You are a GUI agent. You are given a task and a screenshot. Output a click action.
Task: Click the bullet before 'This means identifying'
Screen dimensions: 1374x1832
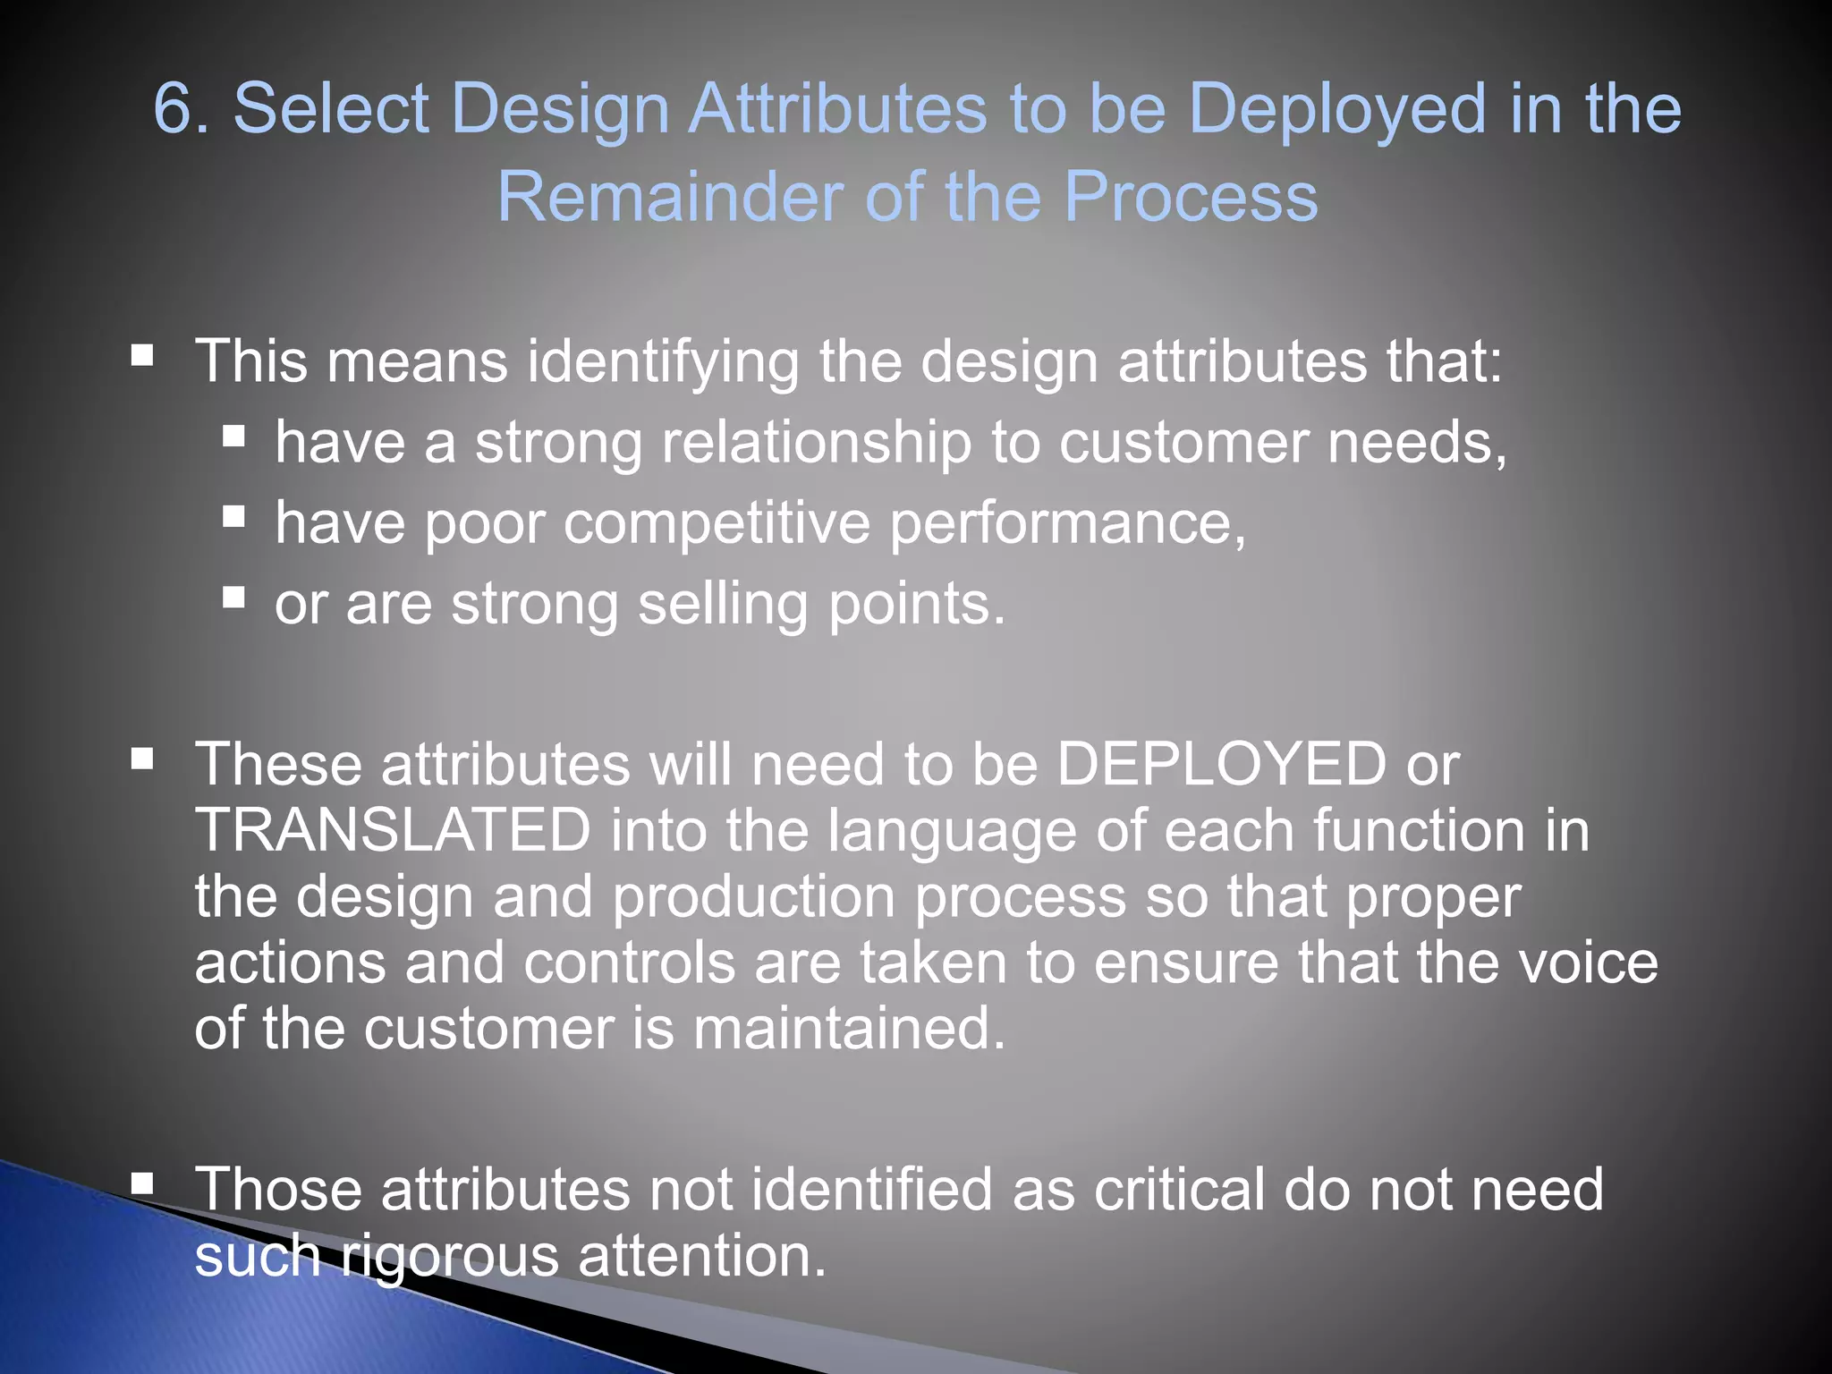point(142,357)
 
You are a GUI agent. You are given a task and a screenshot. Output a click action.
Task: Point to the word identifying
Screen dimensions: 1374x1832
point(663,362)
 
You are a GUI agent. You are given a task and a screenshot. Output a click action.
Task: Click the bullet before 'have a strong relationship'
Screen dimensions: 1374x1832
point(234,437)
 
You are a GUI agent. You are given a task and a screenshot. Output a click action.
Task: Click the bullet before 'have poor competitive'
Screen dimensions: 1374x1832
point(234,516)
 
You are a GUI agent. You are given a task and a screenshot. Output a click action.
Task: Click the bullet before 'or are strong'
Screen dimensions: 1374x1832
point(234,597)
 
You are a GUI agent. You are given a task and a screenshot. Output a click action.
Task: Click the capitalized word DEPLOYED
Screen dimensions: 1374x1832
point(1221,765)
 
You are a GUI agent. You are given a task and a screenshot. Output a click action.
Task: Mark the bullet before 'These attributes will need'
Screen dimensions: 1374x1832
point(142,760)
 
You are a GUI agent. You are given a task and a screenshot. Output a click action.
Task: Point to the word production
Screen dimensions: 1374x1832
point(753,896)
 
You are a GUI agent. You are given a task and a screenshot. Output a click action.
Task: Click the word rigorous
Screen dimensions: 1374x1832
point(450,1256)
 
